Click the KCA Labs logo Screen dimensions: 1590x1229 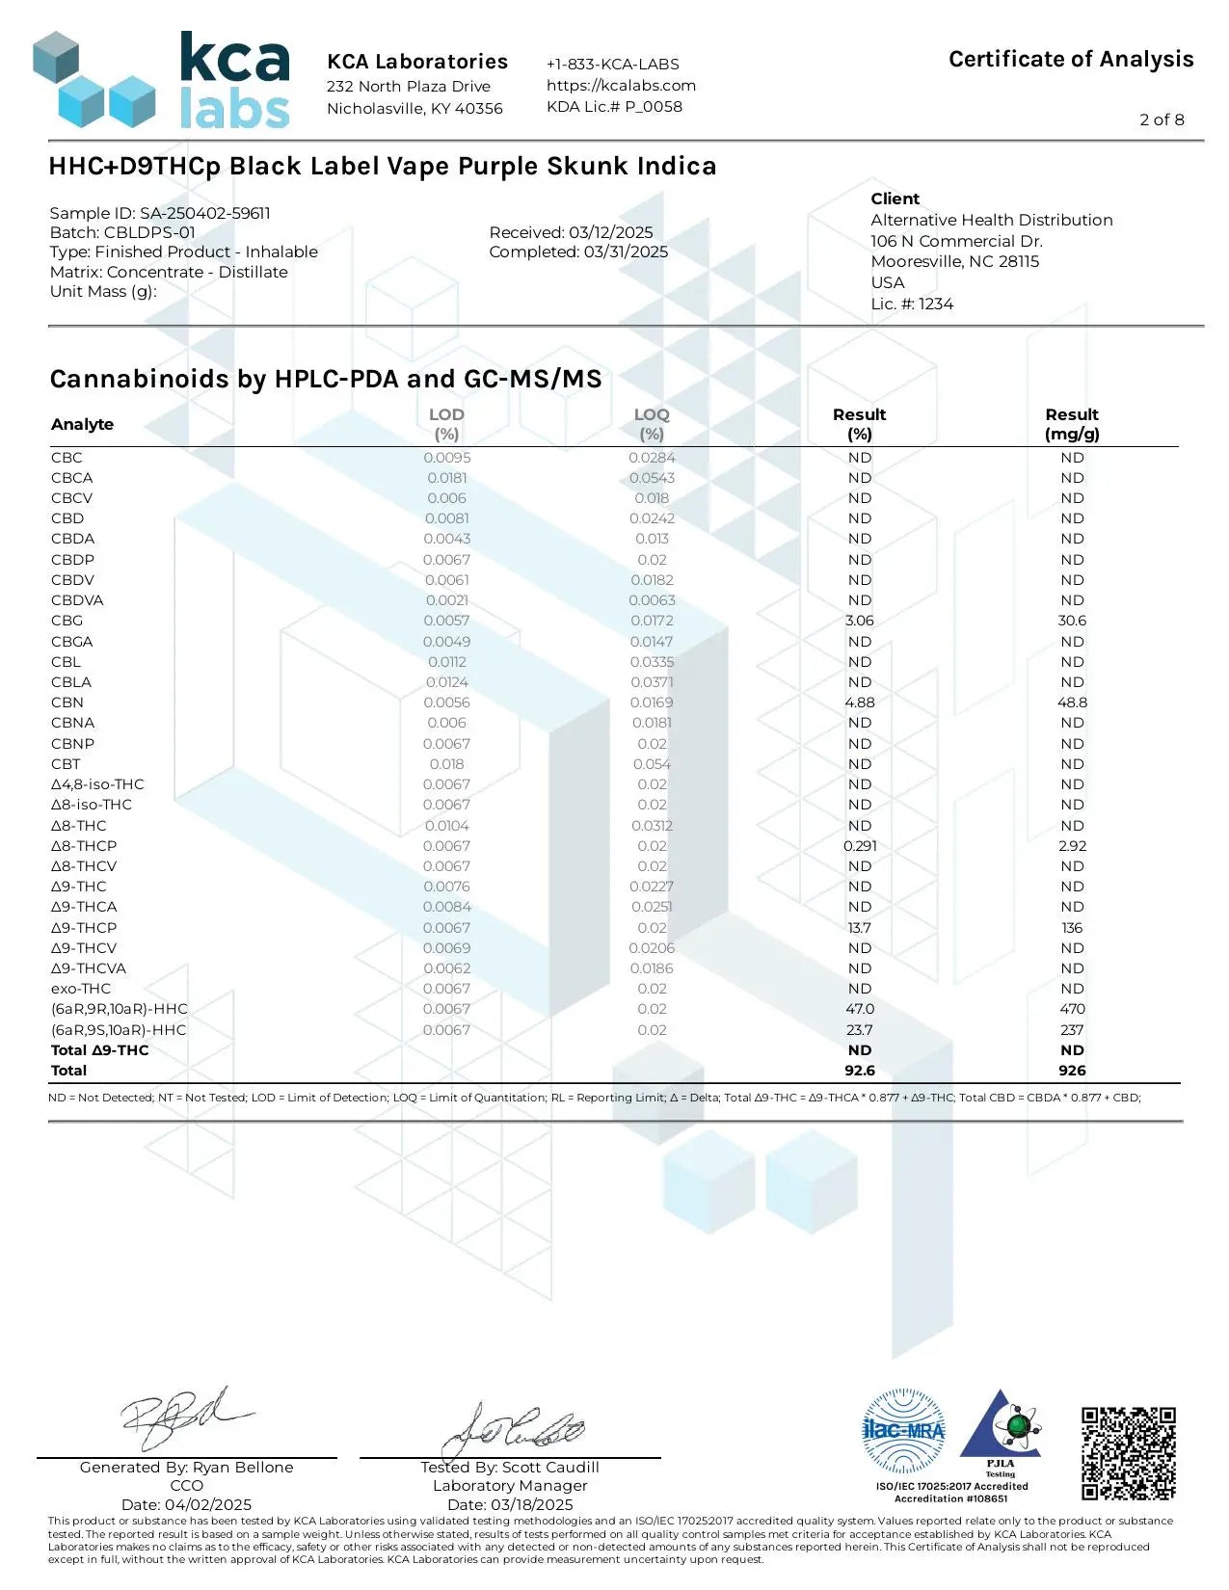pyautogui.click(x=161, y=82)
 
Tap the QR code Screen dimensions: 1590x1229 pyautogui.click(x=1128, y=1453)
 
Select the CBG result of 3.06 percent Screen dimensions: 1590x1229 pyautogui.click(x=859, y=621)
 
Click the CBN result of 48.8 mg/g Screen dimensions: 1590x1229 pyautogui.click(x=1072, y=702)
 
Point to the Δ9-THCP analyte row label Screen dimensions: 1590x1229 pyautogui.click(x=84, y=928)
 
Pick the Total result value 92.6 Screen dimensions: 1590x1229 pyautogui.click(x=859, y=1071)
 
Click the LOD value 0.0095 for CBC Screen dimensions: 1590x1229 pyautogui.click(x=447, y=458)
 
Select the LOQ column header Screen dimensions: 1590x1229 pyautogui.click(x=652, y=424)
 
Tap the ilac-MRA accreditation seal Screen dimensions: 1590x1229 pyautogui.click(x=903, y=1431)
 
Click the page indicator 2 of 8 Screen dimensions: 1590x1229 pyautogui.click(x=1162, y=119)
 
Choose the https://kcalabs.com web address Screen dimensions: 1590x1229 pyautogui.click(x=621, y=85)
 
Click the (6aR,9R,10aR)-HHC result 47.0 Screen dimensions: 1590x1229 pyautogui.click(x=859, y=1009)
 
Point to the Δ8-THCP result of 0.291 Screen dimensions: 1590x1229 pyautogui.click(x=859, y=846)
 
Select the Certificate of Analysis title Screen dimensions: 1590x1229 pyautogui.click(x=1071, y=60)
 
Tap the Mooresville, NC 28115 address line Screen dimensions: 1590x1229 pyautogui.click(x=954, y=262)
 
